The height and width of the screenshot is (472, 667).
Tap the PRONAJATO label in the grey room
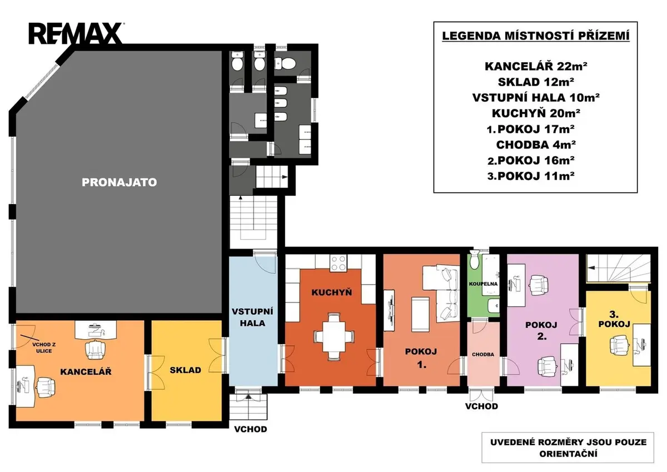click(120, 182)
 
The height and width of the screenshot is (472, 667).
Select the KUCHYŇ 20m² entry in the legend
click(536, 113)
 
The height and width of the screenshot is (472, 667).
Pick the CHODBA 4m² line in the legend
click(536, 145)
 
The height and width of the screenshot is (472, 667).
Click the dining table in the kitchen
click(334, 336)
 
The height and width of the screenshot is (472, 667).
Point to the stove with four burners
click(339, 263)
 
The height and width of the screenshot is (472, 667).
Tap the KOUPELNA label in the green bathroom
click(483, 284)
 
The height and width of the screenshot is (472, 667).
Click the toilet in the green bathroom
click(474, 260)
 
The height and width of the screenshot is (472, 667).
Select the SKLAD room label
click(185, 370)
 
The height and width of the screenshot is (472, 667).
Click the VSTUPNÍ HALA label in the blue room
click(252, 317)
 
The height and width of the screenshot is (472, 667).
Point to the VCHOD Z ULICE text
click(44, 348)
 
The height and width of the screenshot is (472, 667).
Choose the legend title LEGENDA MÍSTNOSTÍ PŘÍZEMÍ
click(536, 36)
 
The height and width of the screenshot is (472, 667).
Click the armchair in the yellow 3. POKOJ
click(619, 345)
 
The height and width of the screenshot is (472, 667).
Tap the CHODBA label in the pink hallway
click(483, 354)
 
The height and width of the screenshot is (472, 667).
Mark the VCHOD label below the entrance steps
click(251, 429)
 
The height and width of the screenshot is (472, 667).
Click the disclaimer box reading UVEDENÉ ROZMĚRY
click(568, 448)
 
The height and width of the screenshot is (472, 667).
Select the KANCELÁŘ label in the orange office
click(86, 371)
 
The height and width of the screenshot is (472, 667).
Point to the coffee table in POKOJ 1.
click(420, 314)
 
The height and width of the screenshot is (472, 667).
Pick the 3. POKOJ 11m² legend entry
click(531, 176)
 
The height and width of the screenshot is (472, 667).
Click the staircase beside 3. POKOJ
click(618, 268)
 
